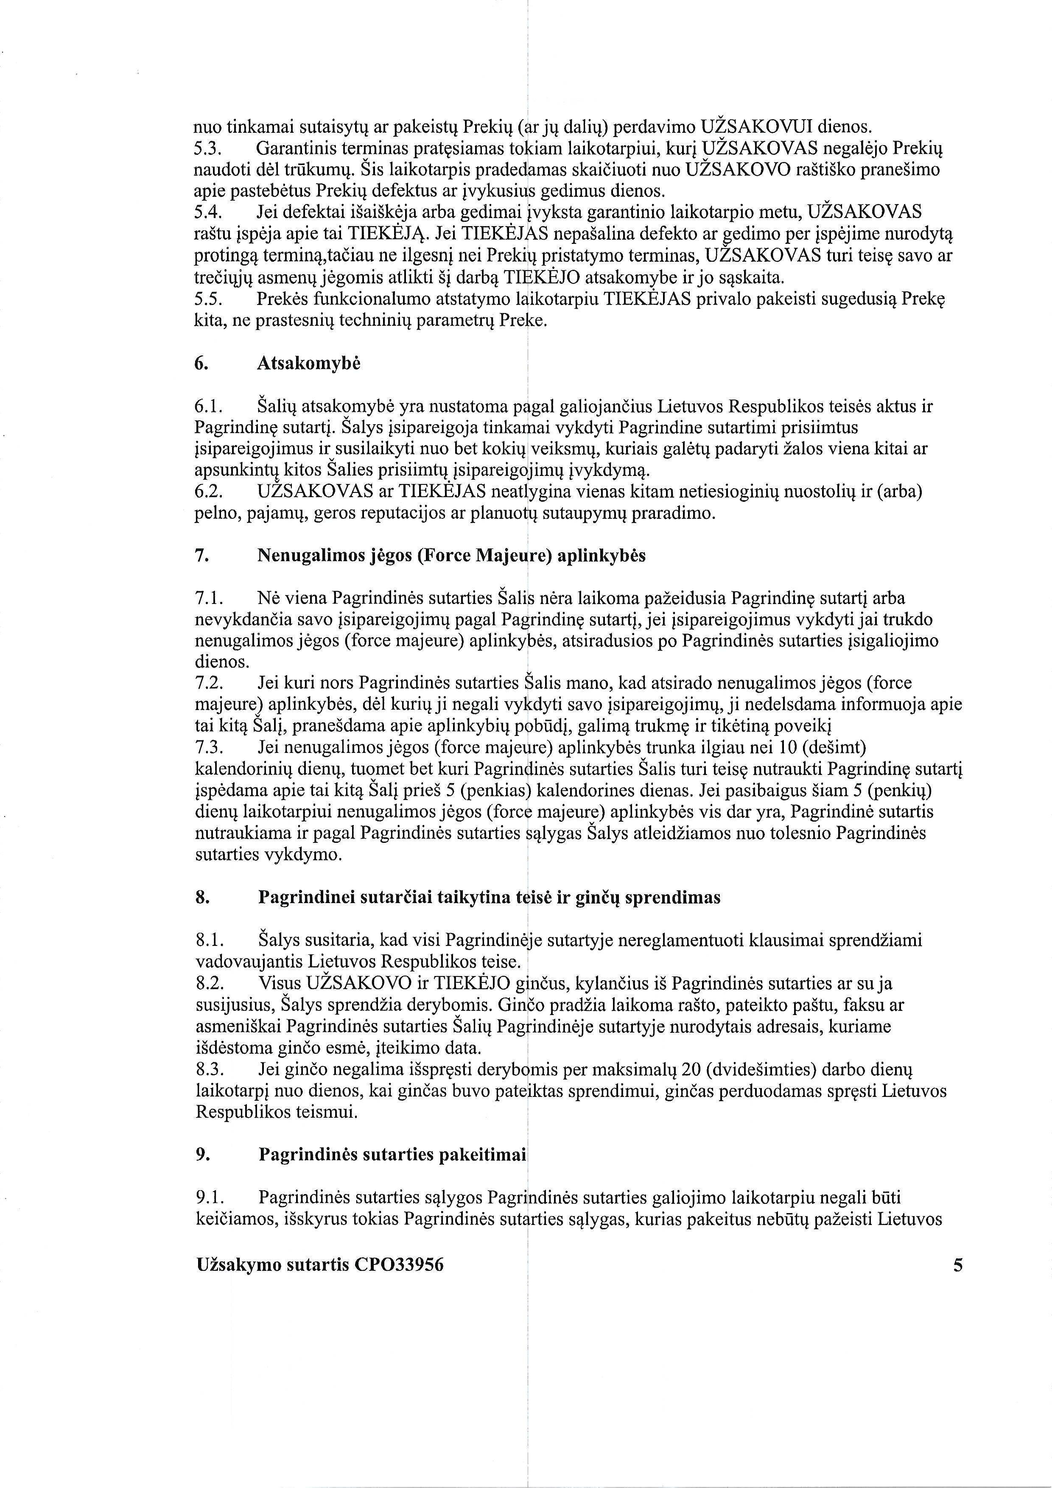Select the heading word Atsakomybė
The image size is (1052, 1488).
308,364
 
